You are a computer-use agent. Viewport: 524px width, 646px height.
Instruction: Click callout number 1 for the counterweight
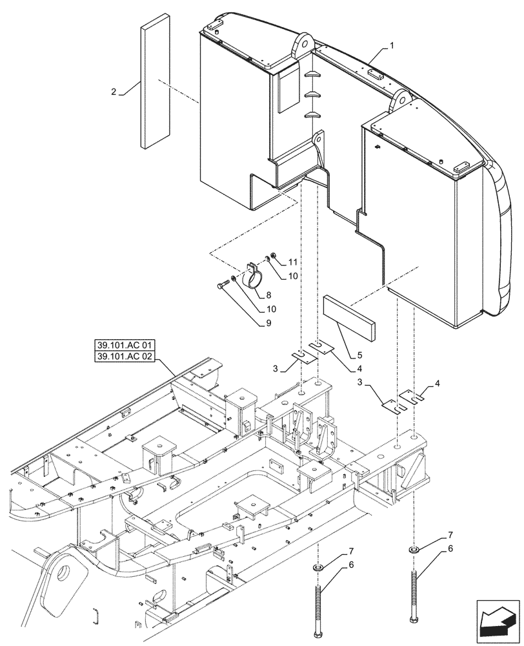tap(392, 47)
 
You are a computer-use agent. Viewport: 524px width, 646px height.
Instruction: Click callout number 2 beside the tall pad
tap(114, 92)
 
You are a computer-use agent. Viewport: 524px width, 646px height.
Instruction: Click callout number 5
tap(359, 354)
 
